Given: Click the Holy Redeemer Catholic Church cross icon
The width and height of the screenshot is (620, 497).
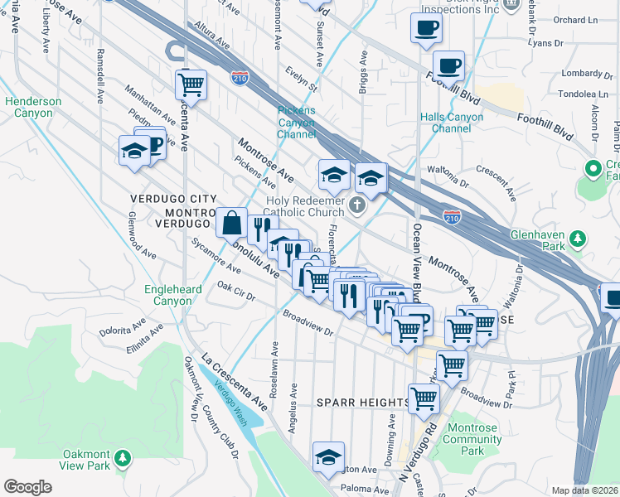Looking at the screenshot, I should point(357,205).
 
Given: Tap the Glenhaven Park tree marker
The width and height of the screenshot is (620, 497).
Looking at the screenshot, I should point(579,240).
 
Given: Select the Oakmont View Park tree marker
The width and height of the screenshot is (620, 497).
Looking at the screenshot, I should point(123,457).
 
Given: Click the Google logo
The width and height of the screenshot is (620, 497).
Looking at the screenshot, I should point(27,487).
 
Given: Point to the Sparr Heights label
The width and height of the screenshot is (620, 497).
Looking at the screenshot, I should point(362,403).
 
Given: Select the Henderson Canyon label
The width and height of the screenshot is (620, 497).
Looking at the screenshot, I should point(33,107).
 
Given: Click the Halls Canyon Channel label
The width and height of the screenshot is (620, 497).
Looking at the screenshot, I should point(451,123).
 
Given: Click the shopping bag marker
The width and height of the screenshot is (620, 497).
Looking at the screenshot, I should point(230,221).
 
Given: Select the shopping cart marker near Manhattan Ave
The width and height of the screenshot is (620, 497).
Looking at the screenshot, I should point(191,83).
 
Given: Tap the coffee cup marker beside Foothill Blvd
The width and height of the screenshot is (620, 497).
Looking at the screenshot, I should point(448,65).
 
